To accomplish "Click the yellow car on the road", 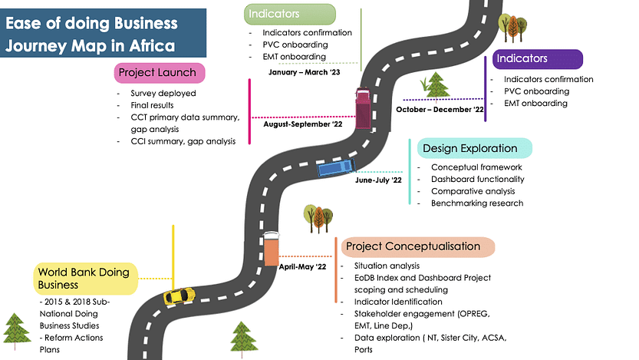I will (x=179, y=296).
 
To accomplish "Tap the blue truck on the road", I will (x=335, y=168).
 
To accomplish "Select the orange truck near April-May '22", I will (x=272, y=248).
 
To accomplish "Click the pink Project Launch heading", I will (x=162, y=73).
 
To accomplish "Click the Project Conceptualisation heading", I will (x=413, y=246).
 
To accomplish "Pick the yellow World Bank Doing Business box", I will (x=85, y=279).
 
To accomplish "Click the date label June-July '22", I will (x=379, y=180).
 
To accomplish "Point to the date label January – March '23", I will (x=305, y=72).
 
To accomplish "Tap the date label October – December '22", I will (x=440, y=110).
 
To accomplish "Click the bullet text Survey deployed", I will (x=163, y=94).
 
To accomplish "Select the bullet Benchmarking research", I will (x=477, y=203).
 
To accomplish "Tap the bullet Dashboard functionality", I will (x=477, y=179).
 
